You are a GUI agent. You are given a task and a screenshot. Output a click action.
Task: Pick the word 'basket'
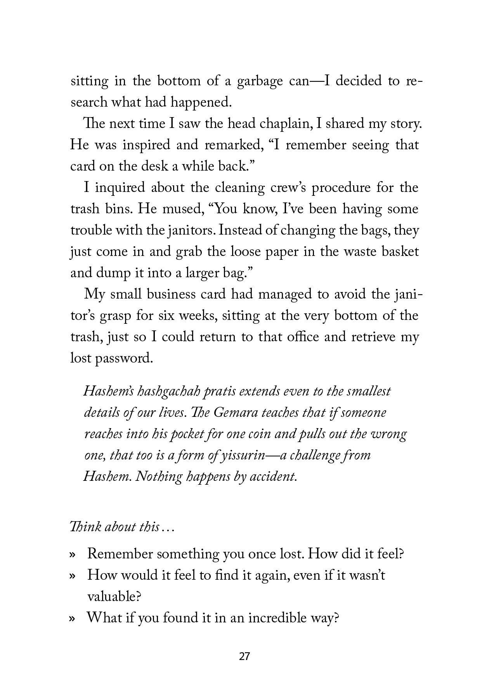pos(400,252)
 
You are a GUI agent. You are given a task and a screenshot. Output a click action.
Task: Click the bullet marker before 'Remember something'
pos(72,555)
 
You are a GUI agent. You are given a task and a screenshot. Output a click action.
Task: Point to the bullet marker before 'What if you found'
pos(72,618)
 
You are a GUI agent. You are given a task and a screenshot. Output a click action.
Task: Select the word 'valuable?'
pos(113,596)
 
